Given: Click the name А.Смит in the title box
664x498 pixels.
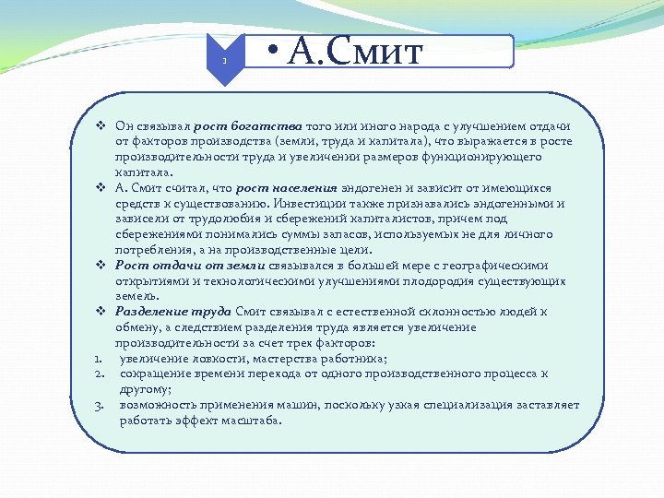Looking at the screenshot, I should [x=355, y=52].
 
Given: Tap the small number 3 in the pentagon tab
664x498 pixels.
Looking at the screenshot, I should [x=224, y=61].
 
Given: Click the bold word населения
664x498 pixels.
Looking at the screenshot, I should [x=305, y=187].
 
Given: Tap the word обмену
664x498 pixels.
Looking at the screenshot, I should [x=137, y=327].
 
